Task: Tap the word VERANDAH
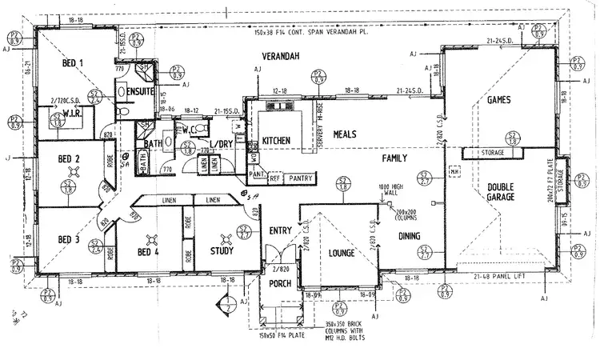(x=280, y=56)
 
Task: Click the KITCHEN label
(x=276, y=142)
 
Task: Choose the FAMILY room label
(x=394, y=158)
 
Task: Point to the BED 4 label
(x=149, y=253)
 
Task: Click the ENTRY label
(x=280, y=230)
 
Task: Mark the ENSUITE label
(x=140, y=92)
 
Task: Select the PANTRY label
(x=300, y=178)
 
